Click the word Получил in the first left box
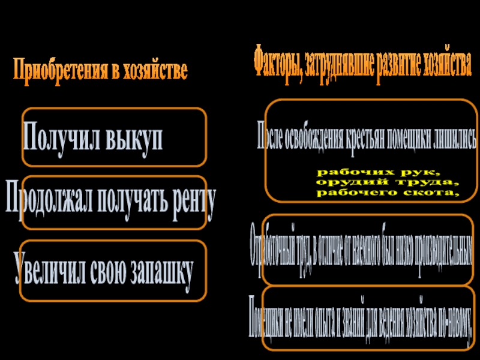coord(63,138)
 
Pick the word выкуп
coord(135,139)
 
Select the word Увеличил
coord(52,268)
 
